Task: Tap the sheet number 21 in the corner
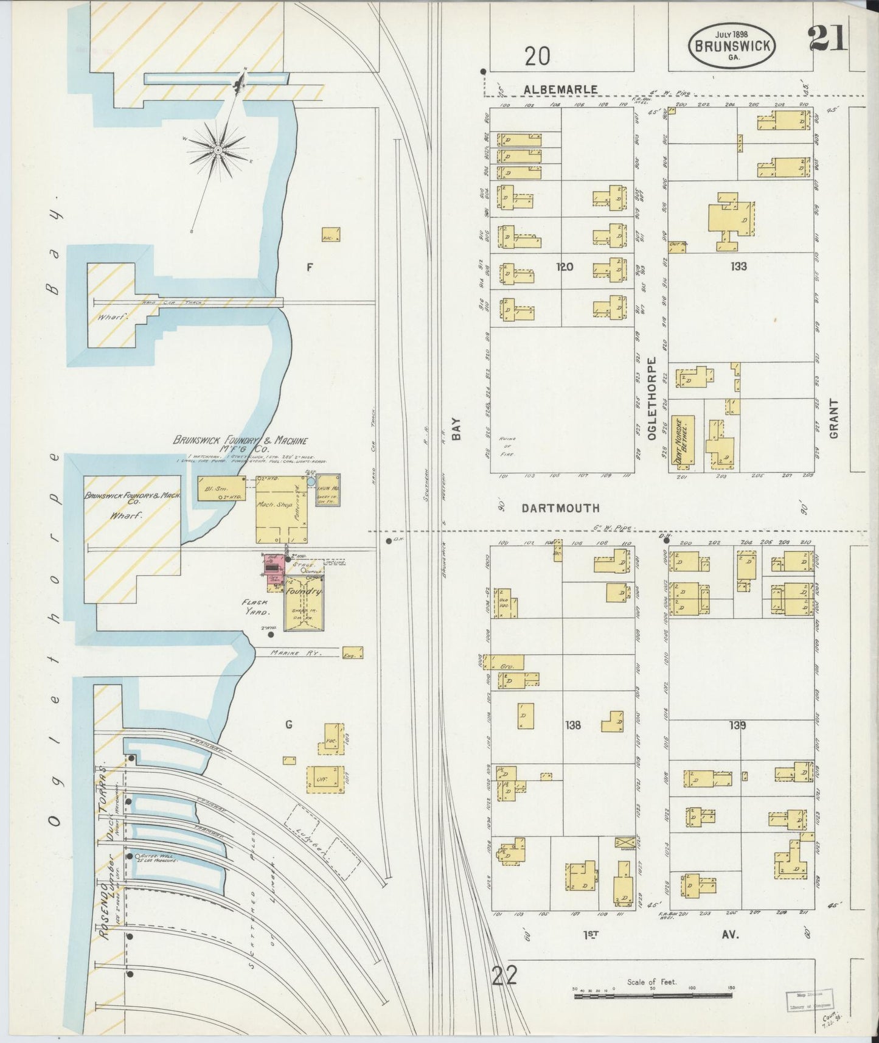827,41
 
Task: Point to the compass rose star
218,148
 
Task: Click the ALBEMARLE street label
561,89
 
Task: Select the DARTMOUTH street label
560,508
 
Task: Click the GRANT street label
833,419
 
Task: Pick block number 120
565,266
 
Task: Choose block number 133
739,266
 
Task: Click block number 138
573,725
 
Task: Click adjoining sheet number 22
505,976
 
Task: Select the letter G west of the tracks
289,724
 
